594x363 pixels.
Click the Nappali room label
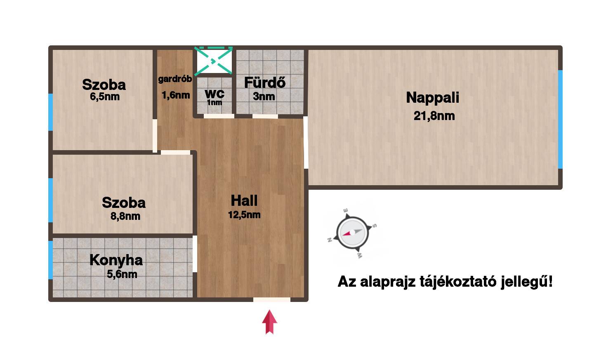[x=432, y=97]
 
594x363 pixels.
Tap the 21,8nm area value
[x=434, y=116]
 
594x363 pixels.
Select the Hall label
[x=244, y=200]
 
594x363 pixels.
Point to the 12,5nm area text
[x=244, y=214]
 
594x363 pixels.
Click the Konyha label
[x=116, y=260]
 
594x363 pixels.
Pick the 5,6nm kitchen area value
[x=122, y=274]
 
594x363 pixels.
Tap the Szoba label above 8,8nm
[x=124, y=203]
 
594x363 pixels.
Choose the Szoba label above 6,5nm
[x=104, y=85]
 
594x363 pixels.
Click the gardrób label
[x=175, y=79]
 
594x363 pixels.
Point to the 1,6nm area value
[x=176, y=95]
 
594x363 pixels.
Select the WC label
[x=214, y=94]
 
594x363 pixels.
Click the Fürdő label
[x=265, y=82]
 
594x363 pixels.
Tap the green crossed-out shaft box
[x=214, y=61]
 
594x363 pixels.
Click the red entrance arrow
[x=269, y=322]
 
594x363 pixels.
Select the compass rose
[x=352, y=233]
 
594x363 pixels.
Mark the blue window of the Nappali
[x=560, y=119]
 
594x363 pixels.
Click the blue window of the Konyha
[x=50, y=260]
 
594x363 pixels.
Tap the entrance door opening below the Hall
[x=272, y=299]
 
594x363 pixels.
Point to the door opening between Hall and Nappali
[x=306, y=142]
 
